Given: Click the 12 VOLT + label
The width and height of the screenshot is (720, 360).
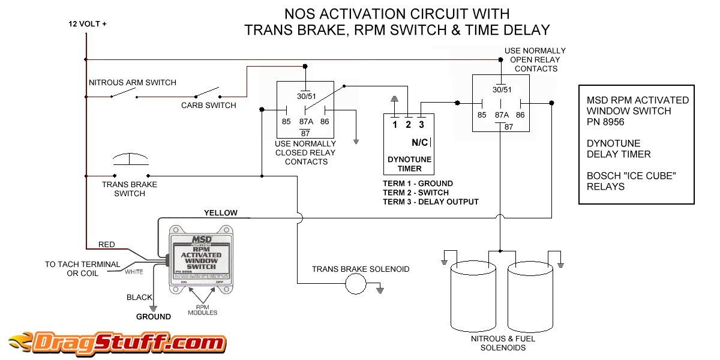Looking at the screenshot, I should (88, 25).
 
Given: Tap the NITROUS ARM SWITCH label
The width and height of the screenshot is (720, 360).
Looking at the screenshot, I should (132, 82).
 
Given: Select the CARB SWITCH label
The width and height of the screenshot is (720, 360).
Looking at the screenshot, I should (209, 106).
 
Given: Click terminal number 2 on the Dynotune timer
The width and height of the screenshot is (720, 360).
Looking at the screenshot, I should (409, 125).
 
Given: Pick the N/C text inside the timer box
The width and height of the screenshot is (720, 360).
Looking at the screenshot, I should (419, 143).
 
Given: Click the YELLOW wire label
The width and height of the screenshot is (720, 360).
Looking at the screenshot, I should (221, 213).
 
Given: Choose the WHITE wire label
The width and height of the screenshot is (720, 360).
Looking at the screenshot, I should (134, 272).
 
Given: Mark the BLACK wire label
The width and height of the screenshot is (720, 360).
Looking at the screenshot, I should (139, 298).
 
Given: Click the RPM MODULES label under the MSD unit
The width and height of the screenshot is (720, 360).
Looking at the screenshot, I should (203, 310).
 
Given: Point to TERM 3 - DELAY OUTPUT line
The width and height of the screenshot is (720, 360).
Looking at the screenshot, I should (431, 202).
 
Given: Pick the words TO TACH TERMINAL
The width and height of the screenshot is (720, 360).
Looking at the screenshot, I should (82, 265).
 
